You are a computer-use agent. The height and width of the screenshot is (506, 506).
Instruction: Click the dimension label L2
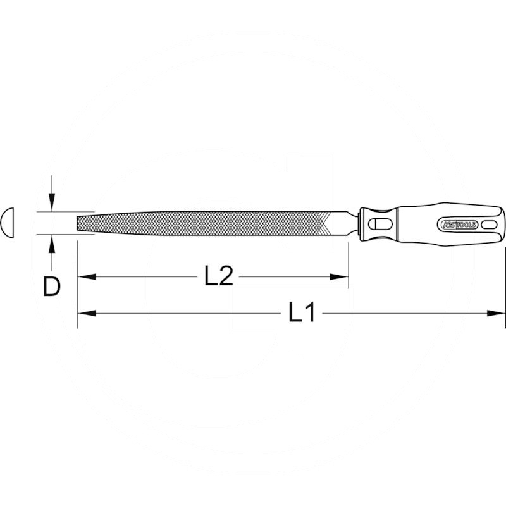[x=219, y=276]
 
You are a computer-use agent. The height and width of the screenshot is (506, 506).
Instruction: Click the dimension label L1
[x=302, y=312]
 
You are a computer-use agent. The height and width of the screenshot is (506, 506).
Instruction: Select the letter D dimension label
[x=51, y=287]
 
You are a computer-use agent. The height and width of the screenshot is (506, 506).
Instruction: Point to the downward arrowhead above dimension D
[x=52, y=204]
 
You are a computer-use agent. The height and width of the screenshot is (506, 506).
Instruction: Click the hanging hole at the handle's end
[x=488, y=225]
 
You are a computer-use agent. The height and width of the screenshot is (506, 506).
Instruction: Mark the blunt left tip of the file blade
[x=79, y=223]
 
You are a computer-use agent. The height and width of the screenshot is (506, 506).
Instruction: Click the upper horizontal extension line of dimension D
[x=63, y=212]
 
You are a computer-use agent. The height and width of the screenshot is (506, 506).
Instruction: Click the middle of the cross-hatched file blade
[x=202, y=223]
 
